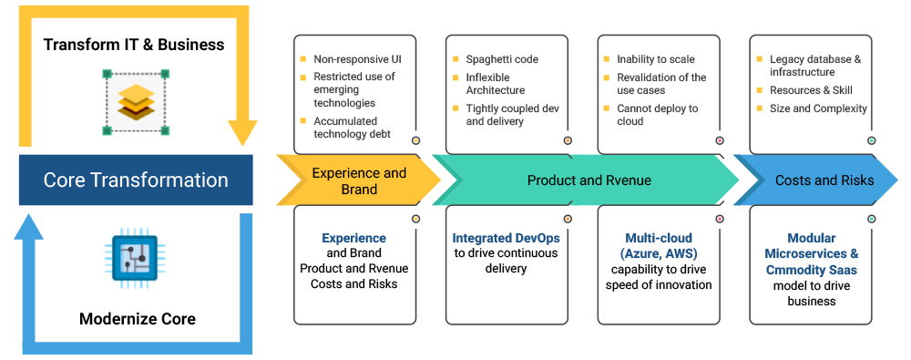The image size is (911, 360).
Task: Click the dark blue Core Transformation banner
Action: click(x=136, y=180)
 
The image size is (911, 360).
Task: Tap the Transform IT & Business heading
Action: click(x=134, y=44)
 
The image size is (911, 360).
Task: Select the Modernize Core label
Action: click(x=138, y=319)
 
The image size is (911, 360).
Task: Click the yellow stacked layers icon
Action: click(x=136, y=102)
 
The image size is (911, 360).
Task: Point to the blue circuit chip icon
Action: click(x=134, y=259)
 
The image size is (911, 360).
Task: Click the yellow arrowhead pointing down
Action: click(x=242, y=133)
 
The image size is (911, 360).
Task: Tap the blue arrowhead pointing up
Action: click(x=28, y=226)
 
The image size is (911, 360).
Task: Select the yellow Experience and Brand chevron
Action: click(x=358, y=180)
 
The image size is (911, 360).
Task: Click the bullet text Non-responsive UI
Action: click(x=357, y=58)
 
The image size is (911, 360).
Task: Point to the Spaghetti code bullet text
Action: click(x=502, y=59)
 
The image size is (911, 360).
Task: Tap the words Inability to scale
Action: click(x=656, y=59)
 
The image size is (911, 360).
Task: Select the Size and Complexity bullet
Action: click(x=818, y=108)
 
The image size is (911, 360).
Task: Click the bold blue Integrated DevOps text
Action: click(x=506, y=238)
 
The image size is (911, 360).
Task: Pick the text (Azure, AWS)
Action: click(x=659, y=253)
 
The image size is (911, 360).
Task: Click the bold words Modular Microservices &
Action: click(x=812, y=246)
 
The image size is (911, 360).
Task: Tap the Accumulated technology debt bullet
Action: click(x=352, y=128)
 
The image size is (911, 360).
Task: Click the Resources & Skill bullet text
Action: click(x=811, y=91)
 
